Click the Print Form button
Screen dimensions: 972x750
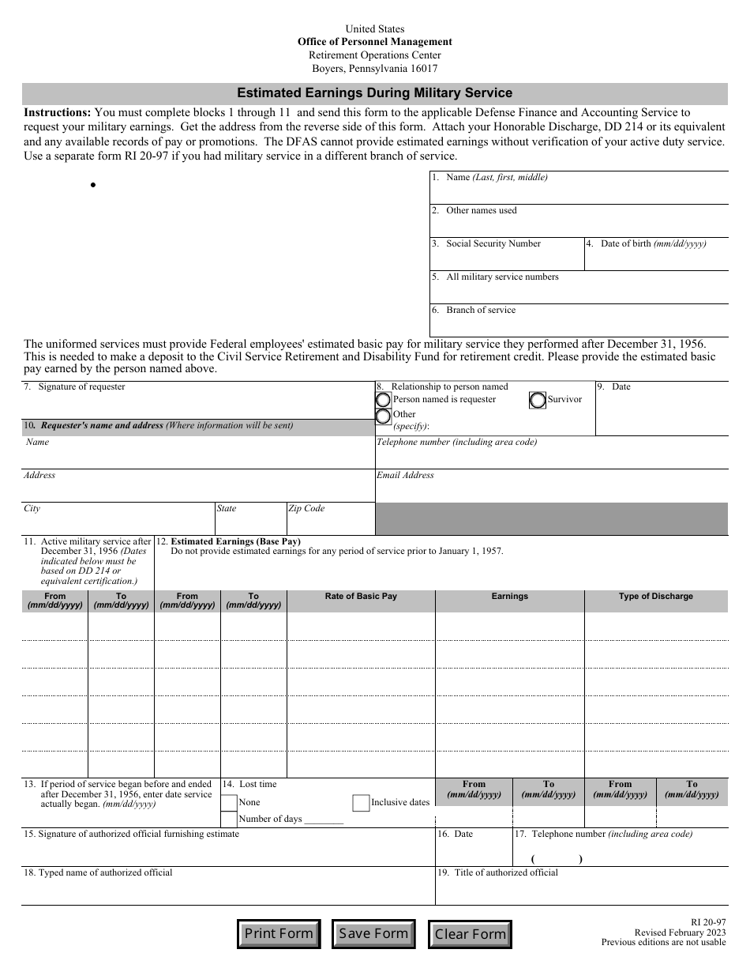click(279, 934)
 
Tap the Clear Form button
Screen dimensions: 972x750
click(470, 935)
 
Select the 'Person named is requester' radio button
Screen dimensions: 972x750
click(384, 400)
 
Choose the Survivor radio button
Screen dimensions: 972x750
click(538, 400)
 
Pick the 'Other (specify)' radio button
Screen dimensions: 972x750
click(384, 416)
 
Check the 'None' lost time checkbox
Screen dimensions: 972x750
click(229, 803)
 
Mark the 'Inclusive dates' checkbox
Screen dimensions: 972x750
click(361, 803)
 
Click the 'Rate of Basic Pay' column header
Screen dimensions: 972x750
click(361, 597)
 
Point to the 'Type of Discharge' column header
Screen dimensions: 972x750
click(655, 597)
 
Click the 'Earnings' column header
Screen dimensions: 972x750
click(509, 597)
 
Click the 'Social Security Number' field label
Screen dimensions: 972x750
click(493, 244)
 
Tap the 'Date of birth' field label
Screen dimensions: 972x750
click(653, 244)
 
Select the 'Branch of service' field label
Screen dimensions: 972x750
click(480, 311)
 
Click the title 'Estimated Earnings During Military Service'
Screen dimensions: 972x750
click(375, 93)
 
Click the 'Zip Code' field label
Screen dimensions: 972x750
click(306, 509)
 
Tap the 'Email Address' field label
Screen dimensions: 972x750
click(405, 476)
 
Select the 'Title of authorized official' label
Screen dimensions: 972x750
click(505, 873)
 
